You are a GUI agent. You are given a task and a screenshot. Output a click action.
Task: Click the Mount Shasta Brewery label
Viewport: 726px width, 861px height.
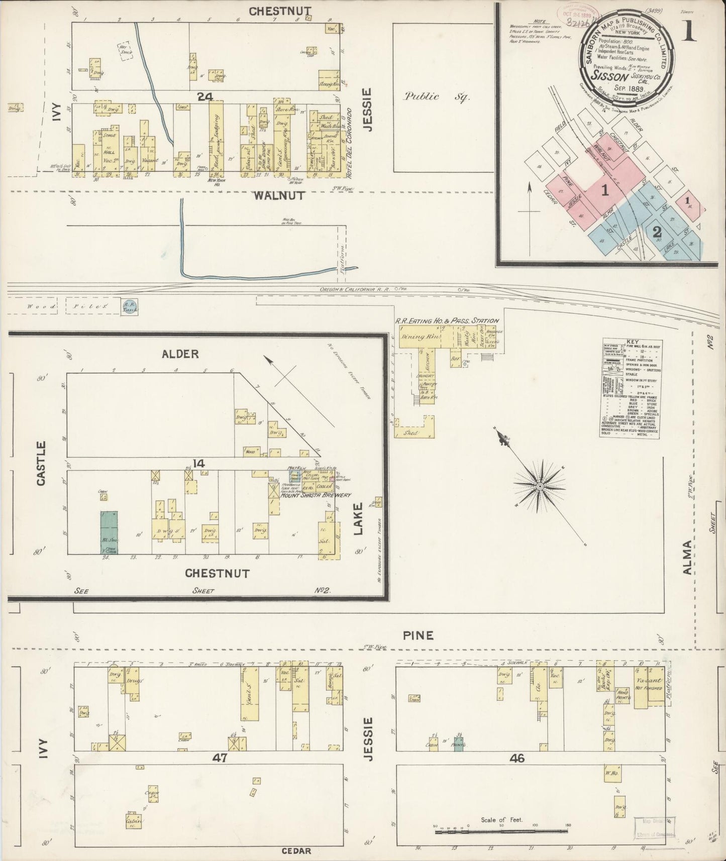click(x=312, y=495)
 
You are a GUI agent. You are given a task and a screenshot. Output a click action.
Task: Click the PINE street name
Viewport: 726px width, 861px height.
click(x=418, y=635)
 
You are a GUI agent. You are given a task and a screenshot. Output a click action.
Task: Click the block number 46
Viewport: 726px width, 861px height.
click(x=517, y=759)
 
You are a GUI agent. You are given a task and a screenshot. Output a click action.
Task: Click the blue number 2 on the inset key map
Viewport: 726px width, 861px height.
click(x=656, y=232)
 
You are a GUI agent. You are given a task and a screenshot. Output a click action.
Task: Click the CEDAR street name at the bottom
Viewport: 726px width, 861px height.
click(x=296, y=851)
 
